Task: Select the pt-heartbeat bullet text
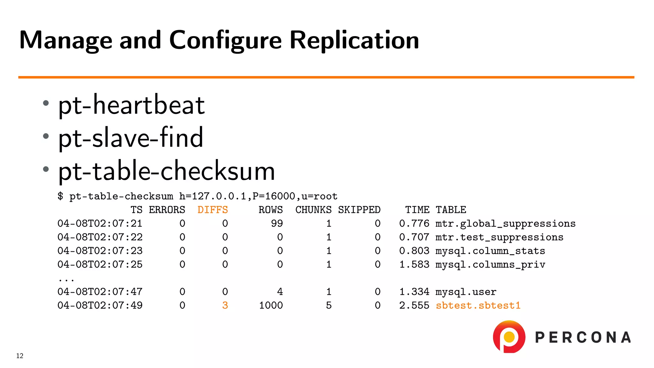(x=131, y=105)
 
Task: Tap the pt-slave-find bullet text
(x=131, y=138)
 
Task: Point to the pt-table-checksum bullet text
(x=166, y=171)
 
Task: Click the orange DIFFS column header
(x=213, y=210)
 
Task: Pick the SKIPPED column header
(x=359, y=210)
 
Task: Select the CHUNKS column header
(x=313, y=210)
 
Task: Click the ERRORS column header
(x=167, y=210)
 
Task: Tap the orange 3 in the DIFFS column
(x=225, y=305)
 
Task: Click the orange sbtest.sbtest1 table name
(x=478, y=305)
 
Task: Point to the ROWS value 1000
(x=271, y=305)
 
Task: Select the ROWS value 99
(x=277, y=224)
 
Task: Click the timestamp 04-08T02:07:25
(x=100, y=264)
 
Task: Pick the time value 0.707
(x=414, y=237)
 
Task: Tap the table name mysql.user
(x=466, y=292)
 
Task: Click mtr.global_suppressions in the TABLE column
(x=506, y=224)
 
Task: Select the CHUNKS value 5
(x=329, y=305)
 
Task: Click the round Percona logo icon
(x=509, y=337)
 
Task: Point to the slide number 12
(x=20, y=356)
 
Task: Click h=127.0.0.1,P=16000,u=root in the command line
(x=258, y=196)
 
